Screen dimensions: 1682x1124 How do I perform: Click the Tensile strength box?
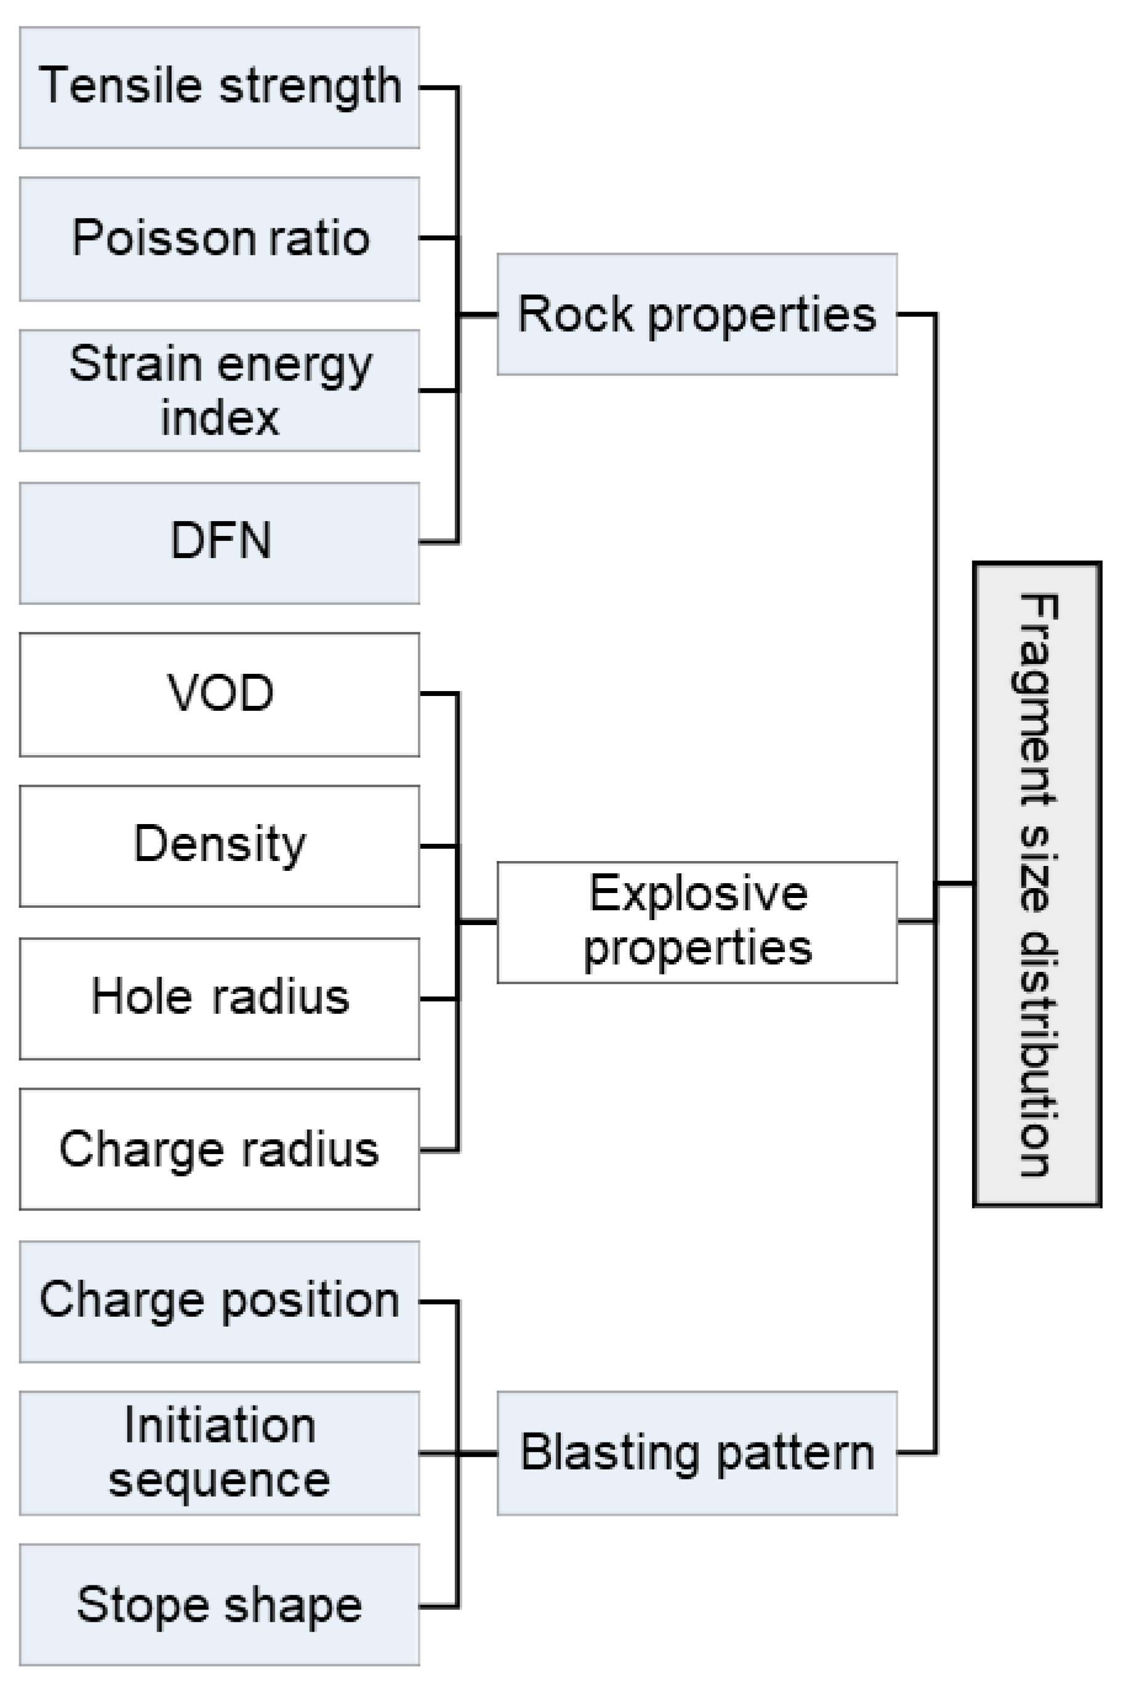[x=219, y=87]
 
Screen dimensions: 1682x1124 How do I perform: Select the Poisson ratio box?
[x=219, y=239]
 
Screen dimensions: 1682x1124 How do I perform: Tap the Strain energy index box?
[x=219, y=390]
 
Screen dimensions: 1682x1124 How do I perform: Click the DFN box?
[x=219, y=543]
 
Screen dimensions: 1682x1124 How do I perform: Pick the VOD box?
[x=219, y=694]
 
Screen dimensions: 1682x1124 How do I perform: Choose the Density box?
[x=219, y=846]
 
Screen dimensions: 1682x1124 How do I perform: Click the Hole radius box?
[x=219, y=998]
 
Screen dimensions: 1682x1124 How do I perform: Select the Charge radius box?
[x=219, y=1149]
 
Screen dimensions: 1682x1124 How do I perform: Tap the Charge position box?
[x=219, y=1301]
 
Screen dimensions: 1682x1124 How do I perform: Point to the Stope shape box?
[x=219, y=1604]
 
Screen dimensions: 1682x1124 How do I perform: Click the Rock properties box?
[x=697, y=314]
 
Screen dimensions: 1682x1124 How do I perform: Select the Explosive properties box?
[x=697, y=922]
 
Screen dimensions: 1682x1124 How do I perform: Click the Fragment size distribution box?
[x=1037, y=884]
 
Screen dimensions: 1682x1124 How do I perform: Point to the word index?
[x=219, y=418]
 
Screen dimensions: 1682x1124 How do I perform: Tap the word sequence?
[x=219, y=1481]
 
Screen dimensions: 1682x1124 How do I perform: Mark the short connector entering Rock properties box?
[x=478, y=314]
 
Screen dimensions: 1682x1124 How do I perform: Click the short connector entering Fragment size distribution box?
[x=955, y=883]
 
